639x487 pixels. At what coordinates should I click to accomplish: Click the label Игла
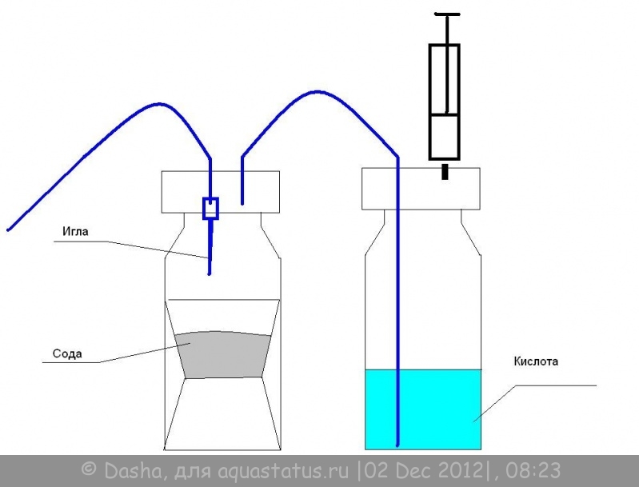(x=75, y=231)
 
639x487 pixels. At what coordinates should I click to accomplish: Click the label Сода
(x=67, y=353)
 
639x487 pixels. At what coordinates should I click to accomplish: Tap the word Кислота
(x=536, y=361)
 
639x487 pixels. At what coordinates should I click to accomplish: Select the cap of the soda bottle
(x=221, y=192)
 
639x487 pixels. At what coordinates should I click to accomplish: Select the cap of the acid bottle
(x=421, y=189)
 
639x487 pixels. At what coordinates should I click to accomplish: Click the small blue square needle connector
(x=210, y=209)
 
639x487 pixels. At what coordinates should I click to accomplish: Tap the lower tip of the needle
(x=209, y=273)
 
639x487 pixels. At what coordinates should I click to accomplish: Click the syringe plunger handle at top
(x=448, y=14)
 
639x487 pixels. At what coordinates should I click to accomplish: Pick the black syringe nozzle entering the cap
(x=445, y=171)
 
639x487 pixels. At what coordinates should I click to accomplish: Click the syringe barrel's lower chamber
(x=444, y=136)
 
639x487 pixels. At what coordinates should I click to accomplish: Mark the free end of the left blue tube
(x=8, y=230)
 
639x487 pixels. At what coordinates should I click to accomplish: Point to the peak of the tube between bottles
(x=318, y=92)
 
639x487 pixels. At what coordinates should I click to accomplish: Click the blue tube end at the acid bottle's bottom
(x=397, y=445)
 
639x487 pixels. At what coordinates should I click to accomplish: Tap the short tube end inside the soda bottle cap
(x=242, y=202)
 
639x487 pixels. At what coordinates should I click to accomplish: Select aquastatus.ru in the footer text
(x=283, y=471)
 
